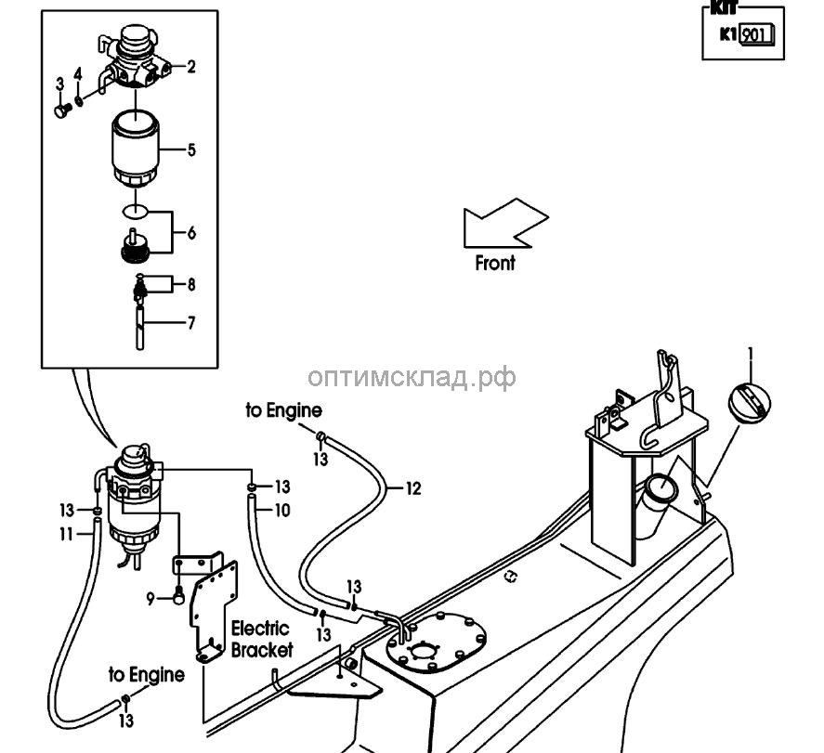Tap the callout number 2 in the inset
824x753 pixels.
click(191, 66)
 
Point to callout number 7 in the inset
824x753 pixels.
click(191, 324)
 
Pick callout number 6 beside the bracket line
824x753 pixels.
click(191, 233)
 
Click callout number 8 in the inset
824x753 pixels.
click(191, 283)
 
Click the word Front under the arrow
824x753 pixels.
click(494, 264)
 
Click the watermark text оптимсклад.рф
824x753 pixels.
click(411, 376)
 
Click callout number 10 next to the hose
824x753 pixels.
click(281, 510)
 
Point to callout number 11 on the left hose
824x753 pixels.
click(67, 534)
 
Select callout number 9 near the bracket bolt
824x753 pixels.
click(150, 599)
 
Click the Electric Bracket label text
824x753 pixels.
click(261, 640)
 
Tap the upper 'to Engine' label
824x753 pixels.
click(284, 410)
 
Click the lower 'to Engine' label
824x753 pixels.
click(146, 674)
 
